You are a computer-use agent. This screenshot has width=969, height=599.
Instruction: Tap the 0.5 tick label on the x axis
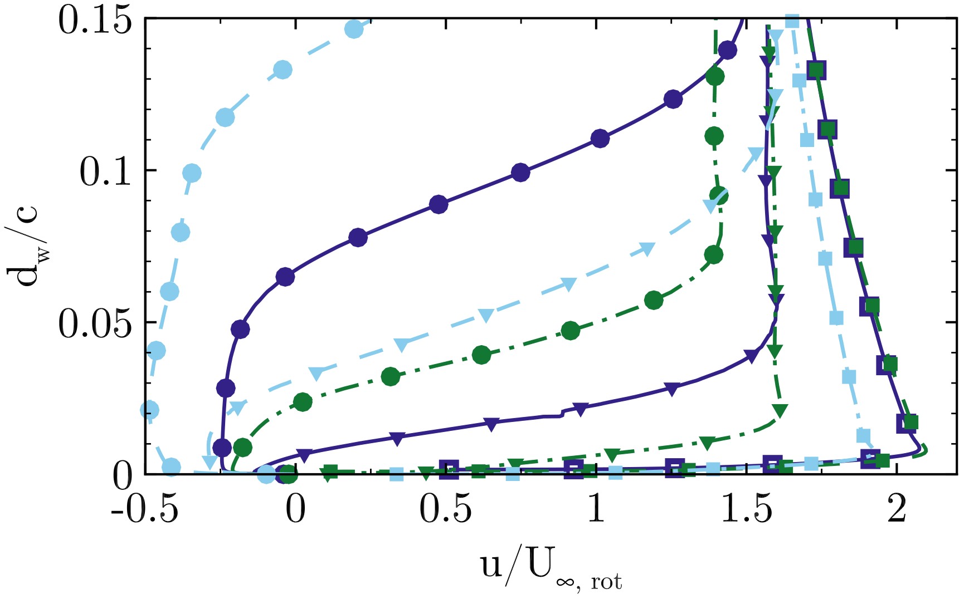tap(446, 511)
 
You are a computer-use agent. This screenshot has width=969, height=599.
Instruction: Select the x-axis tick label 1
tap(596, 511)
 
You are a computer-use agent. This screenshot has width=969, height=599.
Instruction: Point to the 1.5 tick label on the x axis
tap(747, 511)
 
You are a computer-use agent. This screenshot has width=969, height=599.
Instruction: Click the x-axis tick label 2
tap(897, 511)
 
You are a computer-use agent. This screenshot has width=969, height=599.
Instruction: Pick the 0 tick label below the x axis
tap(295, 511)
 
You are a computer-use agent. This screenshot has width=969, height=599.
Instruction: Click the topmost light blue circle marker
tap(354, 29)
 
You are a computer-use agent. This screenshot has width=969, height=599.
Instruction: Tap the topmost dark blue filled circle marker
tap(727, 50)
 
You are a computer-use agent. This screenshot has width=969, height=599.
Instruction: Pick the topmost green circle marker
tap(714, 76)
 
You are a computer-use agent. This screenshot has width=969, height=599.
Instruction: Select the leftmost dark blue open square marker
tap(449, 469)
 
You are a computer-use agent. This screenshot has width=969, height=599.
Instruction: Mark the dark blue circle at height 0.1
tap(520, 173)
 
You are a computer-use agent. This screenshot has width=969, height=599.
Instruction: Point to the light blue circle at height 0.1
tap(192, 173)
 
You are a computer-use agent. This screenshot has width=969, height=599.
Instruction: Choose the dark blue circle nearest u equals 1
tap(600, 139)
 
